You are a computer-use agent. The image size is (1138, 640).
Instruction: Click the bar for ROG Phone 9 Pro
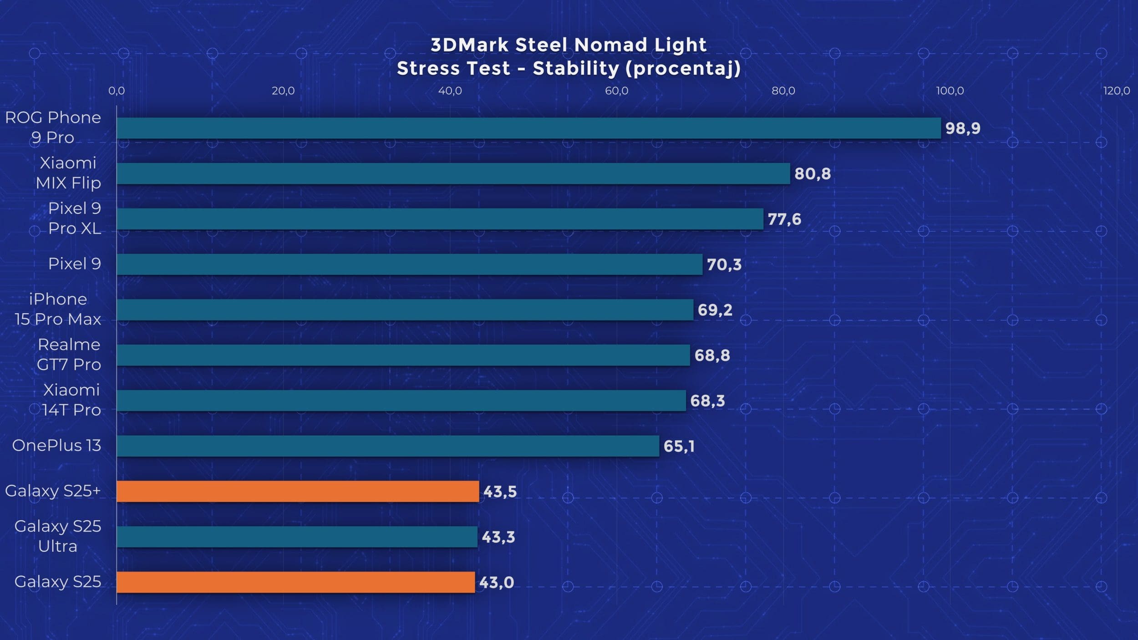click(528, 128)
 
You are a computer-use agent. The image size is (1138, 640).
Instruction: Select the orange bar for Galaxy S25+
click(298, 491)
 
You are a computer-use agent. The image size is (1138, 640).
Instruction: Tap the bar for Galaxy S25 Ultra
click(297, 537)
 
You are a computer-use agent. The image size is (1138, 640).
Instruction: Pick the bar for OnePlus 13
click(388, 446)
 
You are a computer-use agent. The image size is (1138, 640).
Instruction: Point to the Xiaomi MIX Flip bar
click(453, 173)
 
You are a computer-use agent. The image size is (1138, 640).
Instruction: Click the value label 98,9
click(963, 128)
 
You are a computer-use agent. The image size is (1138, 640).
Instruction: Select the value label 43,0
click(496, 583)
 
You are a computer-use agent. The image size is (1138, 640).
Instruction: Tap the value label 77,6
click(784, 219)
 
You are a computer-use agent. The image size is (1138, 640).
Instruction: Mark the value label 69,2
click(715, 310)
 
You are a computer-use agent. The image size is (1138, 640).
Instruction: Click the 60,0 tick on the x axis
click(616, 91)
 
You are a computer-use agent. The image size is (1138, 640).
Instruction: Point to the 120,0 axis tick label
click(1116, 91)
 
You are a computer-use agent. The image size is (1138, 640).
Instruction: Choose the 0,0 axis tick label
click(117, 91)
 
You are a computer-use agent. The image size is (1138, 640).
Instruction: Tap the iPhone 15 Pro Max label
click(58, 309)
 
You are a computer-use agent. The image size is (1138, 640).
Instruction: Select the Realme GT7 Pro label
click(69, 355)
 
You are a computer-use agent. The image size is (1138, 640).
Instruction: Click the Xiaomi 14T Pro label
click(71, 400)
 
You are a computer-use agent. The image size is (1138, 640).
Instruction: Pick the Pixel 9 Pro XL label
click(75, 218)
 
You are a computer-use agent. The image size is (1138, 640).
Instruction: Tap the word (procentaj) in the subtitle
click(683, 68)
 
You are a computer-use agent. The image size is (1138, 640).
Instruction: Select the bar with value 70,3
click(409, 264)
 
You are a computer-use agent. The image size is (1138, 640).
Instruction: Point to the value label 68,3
click(707, 401)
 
